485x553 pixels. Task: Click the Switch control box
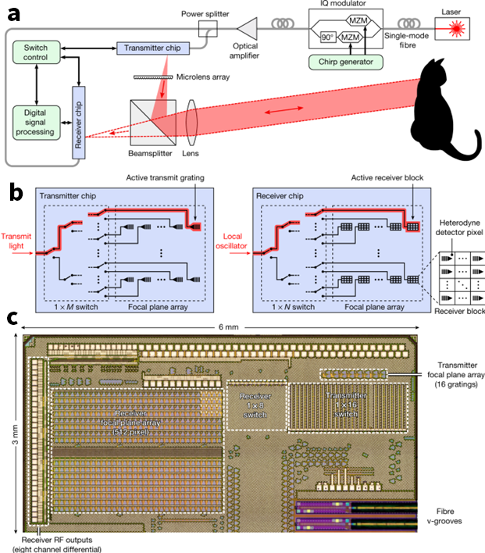pyautogui.click(x=37, y=52)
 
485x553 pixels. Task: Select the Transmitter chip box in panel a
pyautogui.click(x=153, y=48)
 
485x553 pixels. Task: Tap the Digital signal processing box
pyautogui.click(x=37, y=123)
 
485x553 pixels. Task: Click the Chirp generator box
pyautogui.click(x=346, y=62)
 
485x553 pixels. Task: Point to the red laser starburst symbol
pyautogui.click(x=457, y=29)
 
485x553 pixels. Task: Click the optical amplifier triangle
pyautogui.click(x=248, y=29)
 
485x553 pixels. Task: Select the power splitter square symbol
pyautogui.click(x=208, y=29)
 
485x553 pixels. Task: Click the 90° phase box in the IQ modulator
pyautogui.click(x=327, y=37)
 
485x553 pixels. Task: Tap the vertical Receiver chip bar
pyautogui.click(x=79, y=123)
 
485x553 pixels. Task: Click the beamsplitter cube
pyautogui.click(x=153, y=123)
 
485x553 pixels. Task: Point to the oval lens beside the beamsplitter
pyautogui.click(x=191, y=123)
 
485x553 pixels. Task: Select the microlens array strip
pyautogui.click(x=153, y=77)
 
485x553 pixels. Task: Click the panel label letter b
pyautogui.click(x=16, y=192)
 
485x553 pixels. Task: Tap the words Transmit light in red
pyautogui.click(x=16, y=241)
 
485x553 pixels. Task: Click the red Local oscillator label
pyautogui.click(x=232, y=241)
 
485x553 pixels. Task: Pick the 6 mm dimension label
pyautogui.click(x=228, y=327)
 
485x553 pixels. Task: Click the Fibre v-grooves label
pyautogui.click(x=445, y=516)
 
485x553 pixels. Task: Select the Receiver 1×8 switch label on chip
pyautogui.click(x=255, y=405)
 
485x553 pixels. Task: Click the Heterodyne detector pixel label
pyautogui.click(x=459, y=227)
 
